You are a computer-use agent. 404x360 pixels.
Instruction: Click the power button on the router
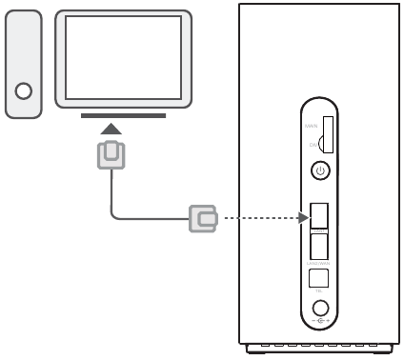(321, 171)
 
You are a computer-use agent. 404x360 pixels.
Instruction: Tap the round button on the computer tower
(24, 92)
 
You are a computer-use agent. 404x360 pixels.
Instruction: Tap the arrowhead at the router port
(304, 220)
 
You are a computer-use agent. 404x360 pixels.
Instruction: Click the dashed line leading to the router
(257, 220)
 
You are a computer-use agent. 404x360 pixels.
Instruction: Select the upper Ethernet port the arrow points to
(321, 216)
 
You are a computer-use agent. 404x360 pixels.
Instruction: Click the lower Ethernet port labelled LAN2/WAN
(321, 245)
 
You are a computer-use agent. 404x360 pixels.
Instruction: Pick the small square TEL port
(321, 277)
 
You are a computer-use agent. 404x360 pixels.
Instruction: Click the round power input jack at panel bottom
(321, 309)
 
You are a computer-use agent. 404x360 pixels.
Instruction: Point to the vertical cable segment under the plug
(112, 190)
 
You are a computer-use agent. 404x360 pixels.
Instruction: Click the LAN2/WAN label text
(321, 261)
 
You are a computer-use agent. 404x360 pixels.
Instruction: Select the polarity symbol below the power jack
(321, 324)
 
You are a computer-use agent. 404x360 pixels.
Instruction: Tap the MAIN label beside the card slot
(311, 125)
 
